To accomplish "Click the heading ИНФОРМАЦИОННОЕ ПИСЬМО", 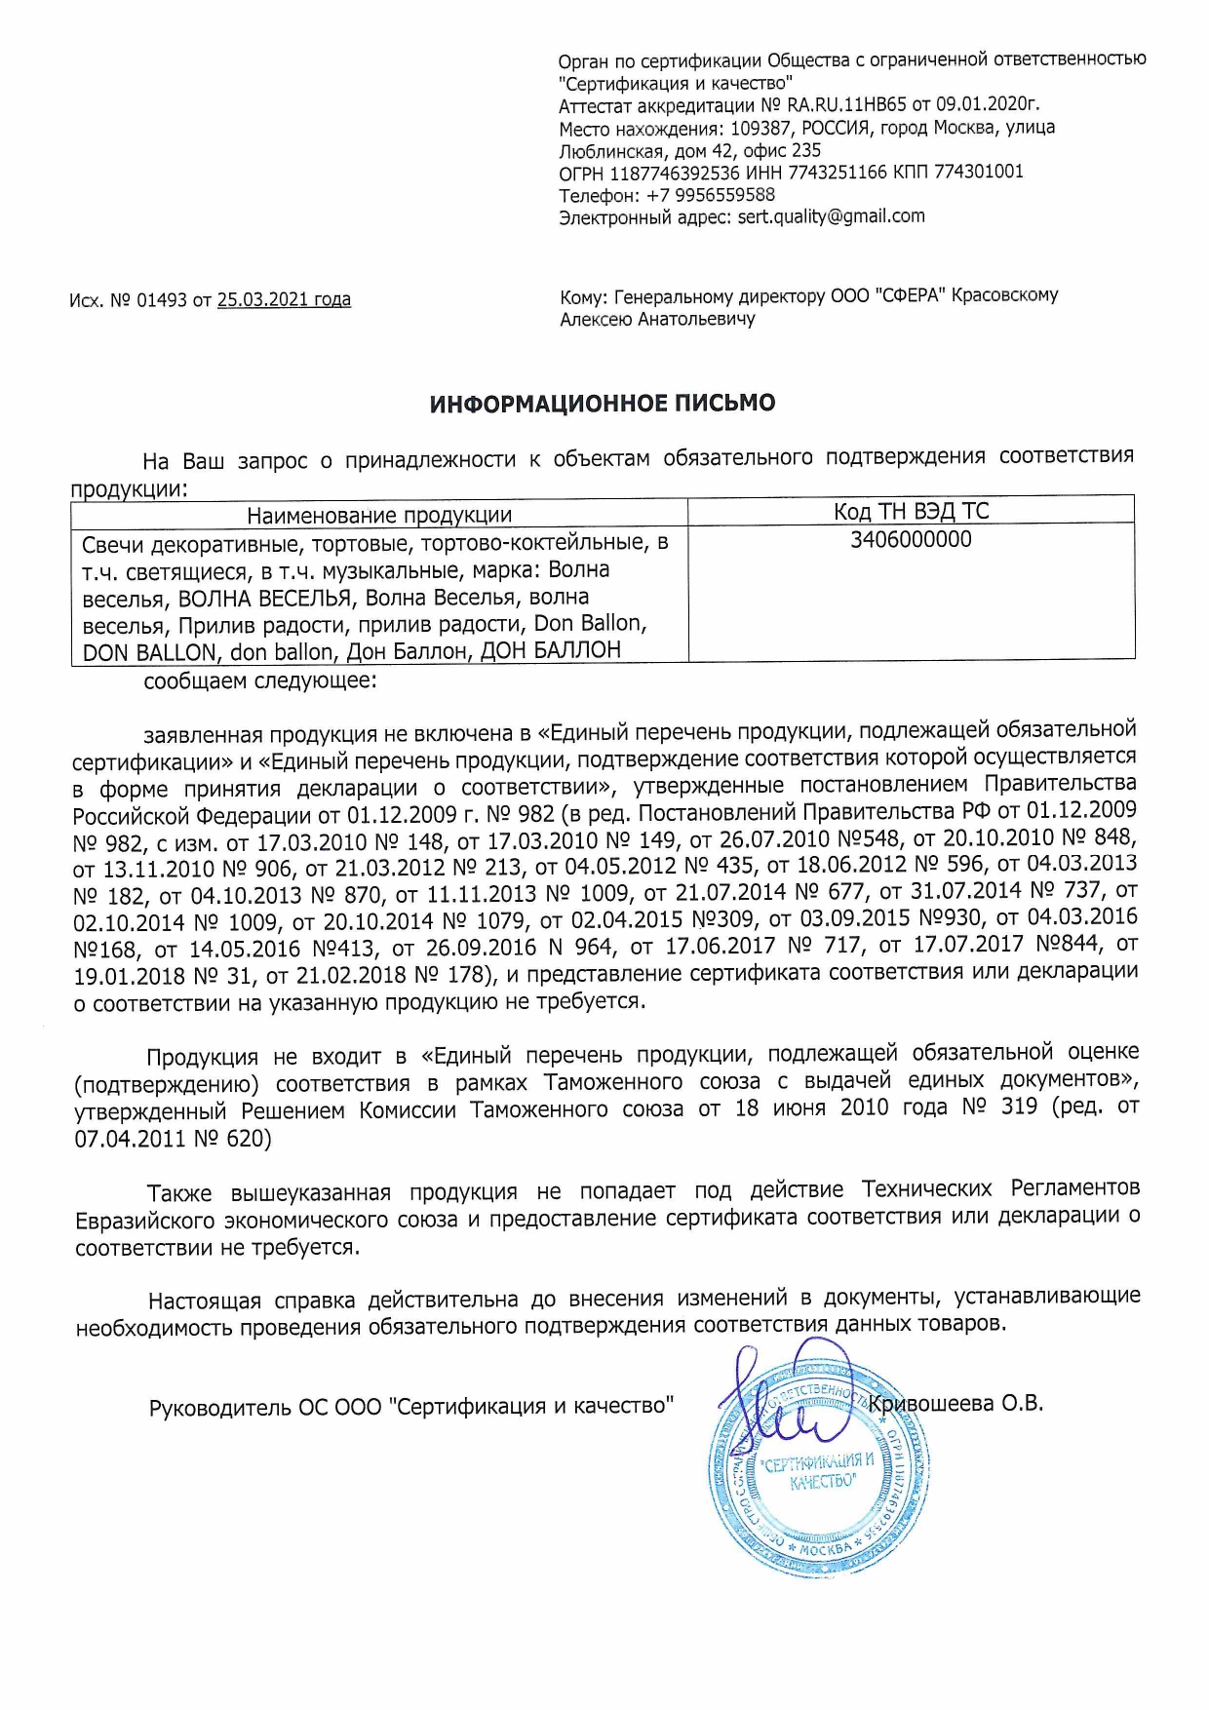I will (x=603, y=404).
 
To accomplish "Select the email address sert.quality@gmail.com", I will (x=831, y=216).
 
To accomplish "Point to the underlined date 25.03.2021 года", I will (x=284, y=300).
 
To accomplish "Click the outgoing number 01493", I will (x=161, y=300).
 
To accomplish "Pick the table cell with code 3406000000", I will (x=911, y=540).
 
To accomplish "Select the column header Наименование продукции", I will (x=379, y=516).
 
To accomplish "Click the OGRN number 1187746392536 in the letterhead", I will (x=675, y=173).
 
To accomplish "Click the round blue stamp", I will (x=817, y=1472).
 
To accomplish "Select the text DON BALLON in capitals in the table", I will (x=149, y=652).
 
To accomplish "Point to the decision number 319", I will (x=1019, y=1108).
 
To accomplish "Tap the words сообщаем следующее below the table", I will (x=260, y=680).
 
